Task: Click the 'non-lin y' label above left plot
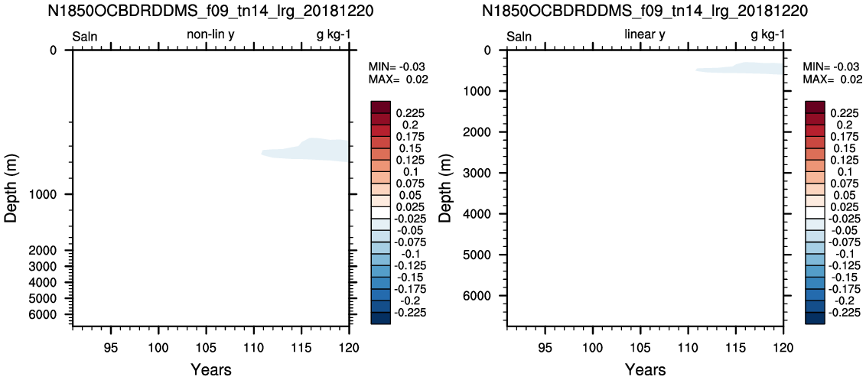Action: [213, 36]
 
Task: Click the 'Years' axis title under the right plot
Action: [646, 369]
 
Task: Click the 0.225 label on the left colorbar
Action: [409, 113]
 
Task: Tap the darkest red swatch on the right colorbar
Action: [815, 106]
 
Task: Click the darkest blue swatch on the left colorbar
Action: [380, 319]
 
